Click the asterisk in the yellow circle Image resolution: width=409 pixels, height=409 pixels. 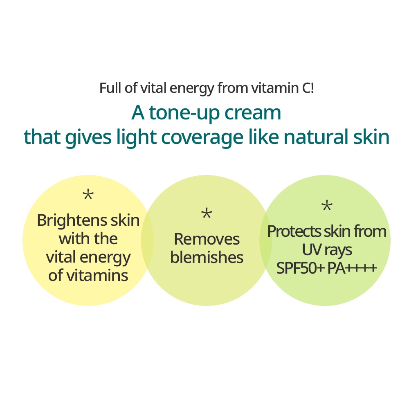click(x=88, y=195)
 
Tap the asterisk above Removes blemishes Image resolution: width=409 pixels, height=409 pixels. click(x=207, y=213)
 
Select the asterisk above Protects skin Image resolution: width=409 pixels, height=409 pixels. click(x=326, y=206)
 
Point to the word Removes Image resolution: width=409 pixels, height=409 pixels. click(x=207, y=239)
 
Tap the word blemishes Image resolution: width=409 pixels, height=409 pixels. click(x=207, y=257)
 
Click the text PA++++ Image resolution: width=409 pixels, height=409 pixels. click(x=352, y=268)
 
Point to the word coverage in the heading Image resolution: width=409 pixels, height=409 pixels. click(x=202, y=138)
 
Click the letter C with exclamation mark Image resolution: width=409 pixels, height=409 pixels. click(x=308, y=88)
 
